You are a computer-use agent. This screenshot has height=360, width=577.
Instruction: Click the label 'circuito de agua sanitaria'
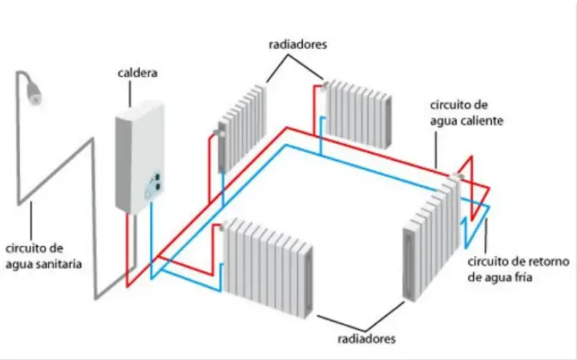click(x=43, y=257)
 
